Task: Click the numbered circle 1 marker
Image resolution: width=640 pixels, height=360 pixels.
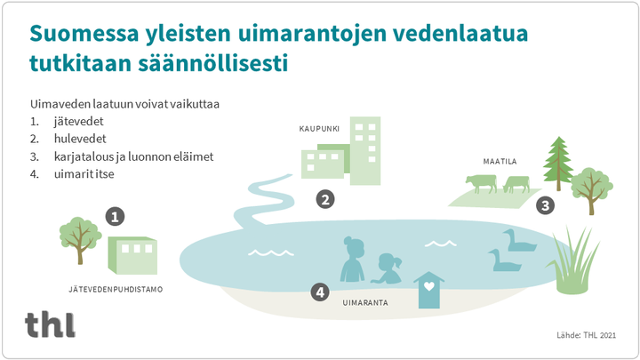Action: click(115, 217)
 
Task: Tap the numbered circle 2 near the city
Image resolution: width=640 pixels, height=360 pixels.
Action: click(325, 200)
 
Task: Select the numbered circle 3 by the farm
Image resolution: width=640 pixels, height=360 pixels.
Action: click(545, 205)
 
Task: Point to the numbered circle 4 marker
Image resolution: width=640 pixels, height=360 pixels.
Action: click(320, 292)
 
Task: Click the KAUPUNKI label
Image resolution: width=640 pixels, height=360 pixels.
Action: click(319, 129)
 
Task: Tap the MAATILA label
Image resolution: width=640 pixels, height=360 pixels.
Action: click(500, 162)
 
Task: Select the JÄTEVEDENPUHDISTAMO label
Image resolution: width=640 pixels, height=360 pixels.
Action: click(116, 290)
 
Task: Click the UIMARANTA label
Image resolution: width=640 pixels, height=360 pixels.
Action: click(365, 303)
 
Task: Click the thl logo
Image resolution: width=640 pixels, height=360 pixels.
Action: click(50, 324)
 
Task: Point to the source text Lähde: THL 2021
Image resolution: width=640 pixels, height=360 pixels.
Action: click(586, 335)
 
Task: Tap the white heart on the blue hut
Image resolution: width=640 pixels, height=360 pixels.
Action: click(429, 286)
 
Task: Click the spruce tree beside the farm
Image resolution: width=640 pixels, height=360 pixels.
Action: click(558, 164)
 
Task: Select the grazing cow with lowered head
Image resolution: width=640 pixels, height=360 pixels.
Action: click(516, 184)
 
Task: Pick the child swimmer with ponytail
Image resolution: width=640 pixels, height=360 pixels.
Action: click(387, 268)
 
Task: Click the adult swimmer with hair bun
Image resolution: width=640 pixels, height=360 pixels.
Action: click(353, 260)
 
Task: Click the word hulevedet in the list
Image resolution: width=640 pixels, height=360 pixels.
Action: click(80, 139)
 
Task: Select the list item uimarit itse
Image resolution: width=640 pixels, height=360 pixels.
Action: click(84, 174)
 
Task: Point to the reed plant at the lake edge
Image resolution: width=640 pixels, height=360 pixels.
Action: click(572, 261)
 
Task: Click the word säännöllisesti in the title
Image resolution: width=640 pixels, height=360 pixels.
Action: click(219, 64)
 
